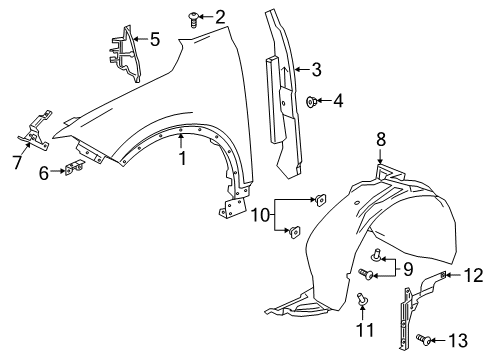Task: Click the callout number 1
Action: pyautogui.click(x=182, y=157)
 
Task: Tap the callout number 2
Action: pyautogui.click(x=220, y=15)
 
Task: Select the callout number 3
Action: pyautogui.click(x=316, y=69)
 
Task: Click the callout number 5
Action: pyautogui.click(x=154, y=41)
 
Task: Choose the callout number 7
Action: pyautogui.click(x=17, y=161)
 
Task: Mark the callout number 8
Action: pyautogui.click(x=380, y=138)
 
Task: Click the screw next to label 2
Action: pyautogui.click(x=195, y=15)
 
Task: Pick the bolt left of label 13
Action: pyautogui.click(x=428, y=341)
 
